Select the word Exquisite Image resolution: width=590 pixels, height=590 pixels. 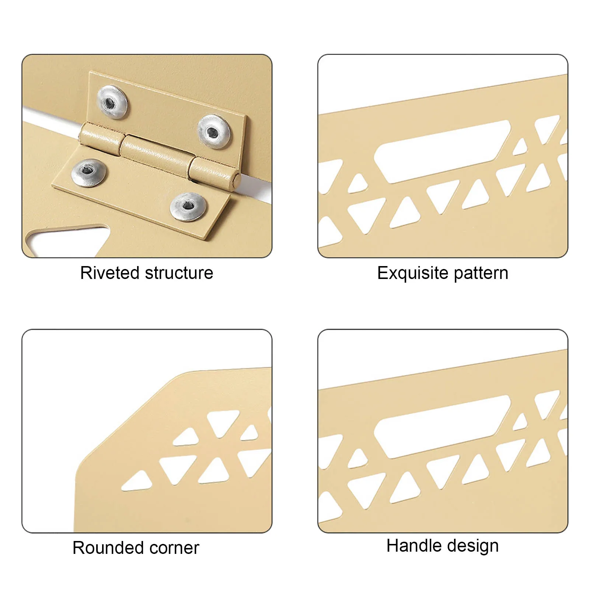click(x=413, y=273)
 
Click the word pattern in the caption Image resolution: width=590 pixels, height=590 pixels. click(x=481, y=273)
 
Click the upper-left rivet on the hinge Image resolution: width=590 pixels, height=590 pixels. click(x=112, y=102)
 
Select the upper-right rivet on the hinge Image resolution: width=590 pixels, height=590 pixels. click(x=214, y=132)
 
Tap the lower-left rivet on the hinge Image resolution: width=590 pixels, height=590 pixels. click(x=88, y=172)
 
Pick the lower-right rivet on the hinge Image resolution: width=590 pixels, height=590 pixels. click(x=188, y=207)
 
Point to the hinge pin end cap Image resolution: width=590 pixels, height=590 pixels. click(x=237, y=179)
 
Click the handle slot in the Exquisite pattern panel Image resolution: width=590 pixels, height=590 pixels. click(x=442, y=151)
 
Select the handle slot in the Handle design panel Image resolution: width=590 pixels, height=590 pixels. click(x=442, y=426)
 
